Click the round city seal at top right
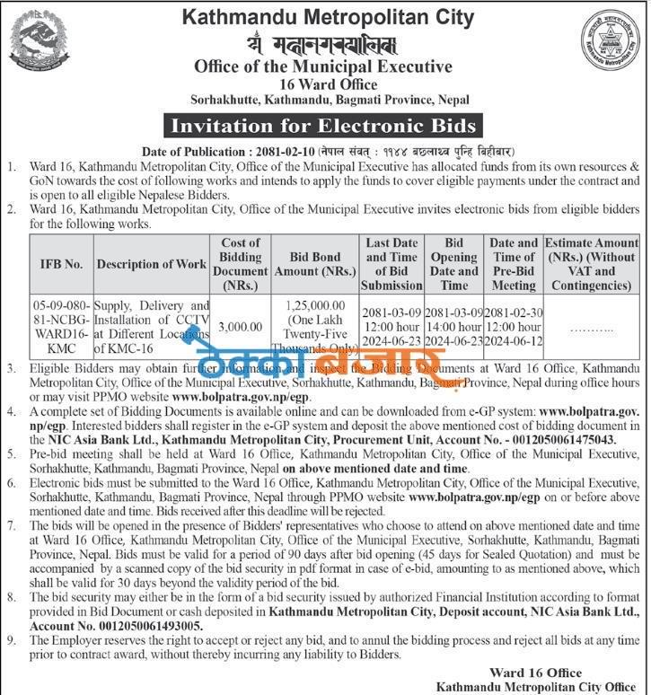(612, 43)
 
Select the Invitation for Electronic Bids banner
(324, 125)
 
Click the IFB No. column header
(60, 264)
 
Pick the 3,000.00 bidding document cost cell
(240, 328)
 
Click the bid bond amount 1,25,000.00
(314, 307)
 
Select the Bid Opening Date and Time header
(454, 264)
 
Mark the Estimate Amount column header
(592, 264)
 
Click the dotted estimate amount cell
(592, 330)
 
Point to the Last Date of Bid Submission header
(391, 264)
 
